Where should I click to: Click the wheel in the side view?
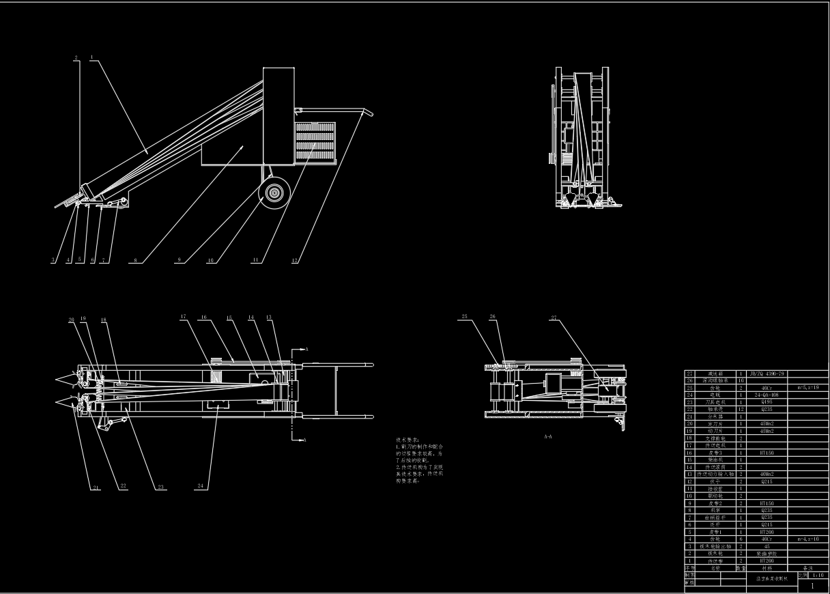276,193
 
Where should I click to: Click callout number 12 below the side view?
295,260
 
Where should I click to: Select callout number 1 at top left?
92,58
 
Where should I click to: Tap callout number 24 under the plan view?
201,486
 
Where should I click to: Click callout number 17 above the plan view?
184,317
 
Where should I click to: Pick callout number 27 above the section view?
553,317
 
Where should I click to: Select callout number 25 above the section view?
465,317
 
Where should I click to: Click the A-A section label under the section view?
547,436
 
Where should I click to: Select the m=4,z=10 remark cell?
809,539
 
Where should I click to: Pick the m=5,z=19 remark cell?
809,388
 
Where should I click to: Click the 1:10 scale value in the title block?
816,576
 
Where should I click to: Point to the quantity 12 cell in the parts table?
741,409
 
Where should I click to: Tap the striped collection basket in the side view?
315,141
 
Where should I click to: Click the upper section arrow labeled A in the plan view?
300,350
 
